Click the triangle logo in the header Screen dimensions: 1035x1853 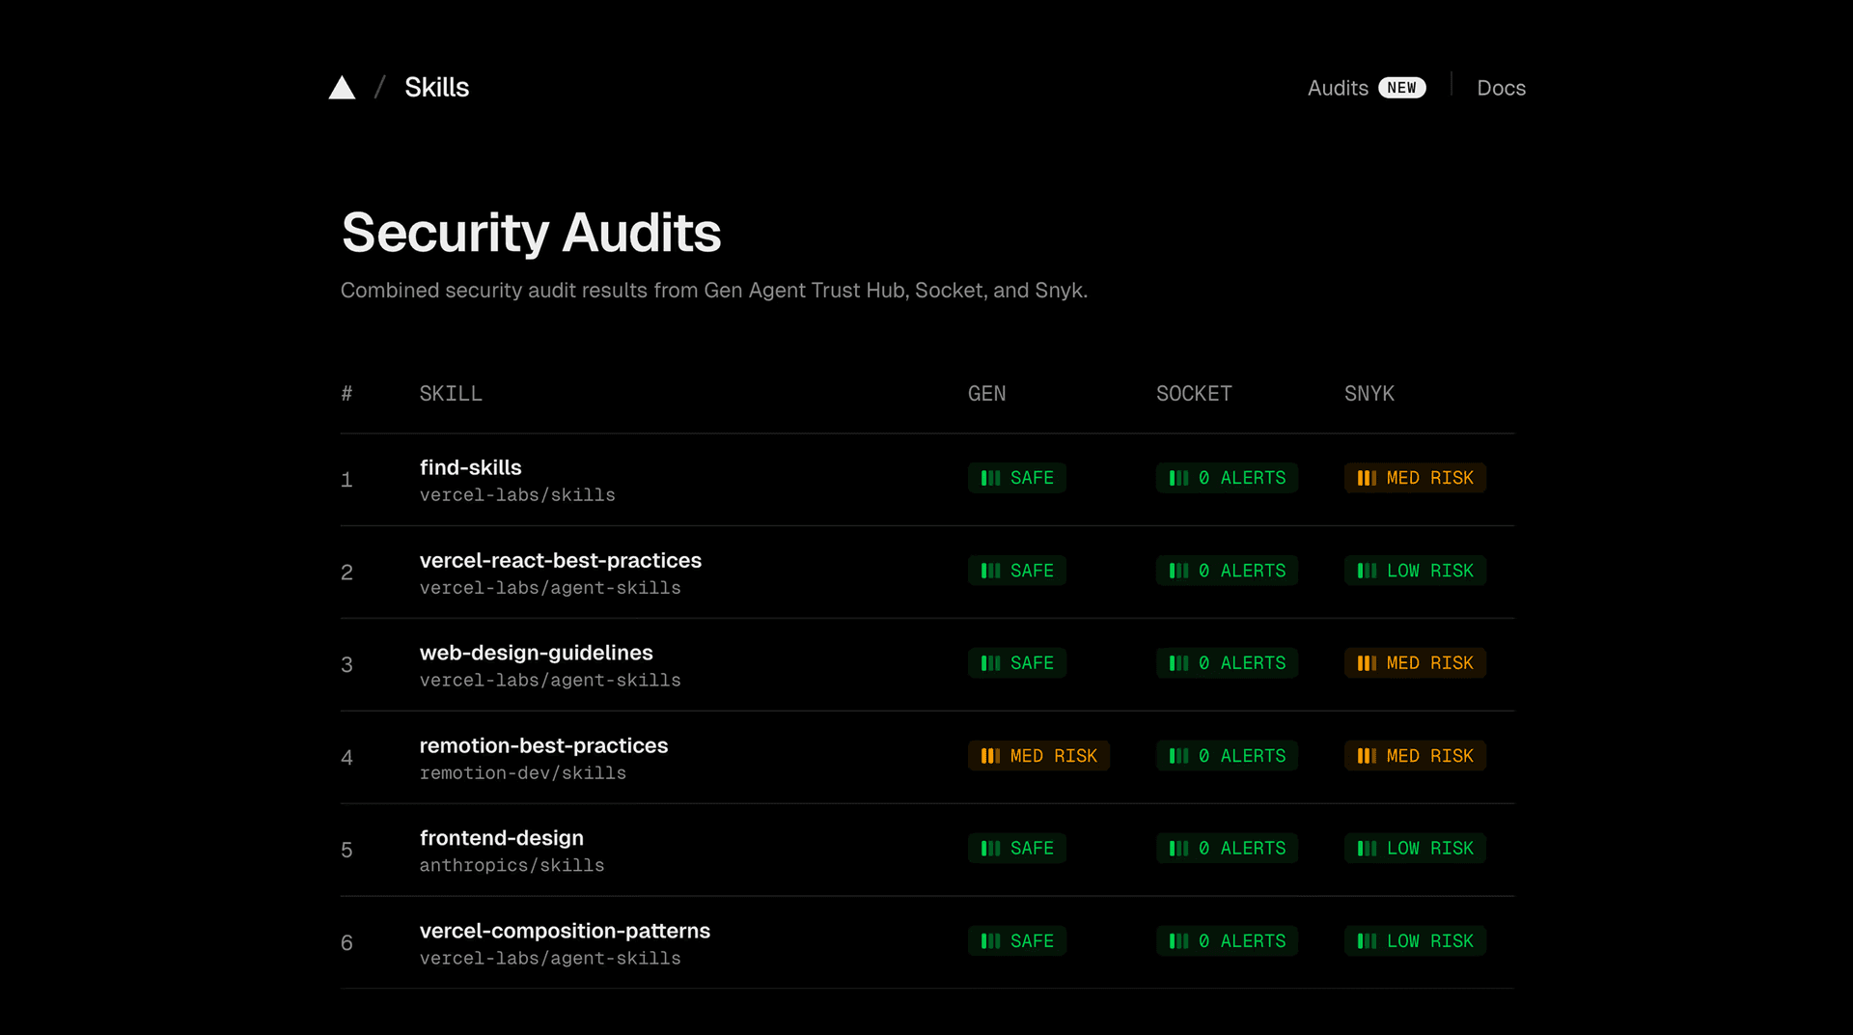click(x=342, y=88)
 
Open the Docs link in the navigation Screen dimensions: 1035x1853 click(x=1501, y=88)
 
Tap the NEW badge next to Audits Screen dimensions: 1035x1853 click(x=1401, y=88)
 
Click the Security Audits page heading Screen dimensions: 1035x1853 click(x=531, y=233)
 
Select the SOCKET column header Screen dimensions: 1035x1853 click(x=1194, y=394)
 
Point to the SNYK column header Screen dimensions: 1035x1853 click(x=1369, y=394)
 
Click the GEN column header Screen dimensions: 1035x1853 click(x=986, y=394)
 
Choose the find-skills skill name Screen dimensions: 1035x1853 click(x=470, y=468)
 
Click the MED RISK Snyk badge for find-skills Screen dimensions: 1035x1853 click(x=1415, y=478)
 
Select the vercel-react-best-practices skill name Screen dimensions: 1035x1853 click(x=560, y=561)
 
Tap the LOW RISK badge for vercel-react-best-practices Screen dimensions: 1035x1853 click(x=1415, y=571)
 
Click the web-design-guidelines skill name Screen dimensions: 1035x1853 click(x=536, y=654)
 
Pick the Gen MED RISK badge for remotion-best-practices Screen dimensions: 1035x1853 click(x=1038, y=756)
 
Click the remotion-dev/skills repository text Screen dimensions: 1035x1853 click(x=522, y=773)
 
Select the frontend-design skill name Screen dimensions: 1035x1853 click(x=501, y=838)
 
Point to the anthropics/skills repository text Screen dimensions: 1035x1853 click(x=512, y=866)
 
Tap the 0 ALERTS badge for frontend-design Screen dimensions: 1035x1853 click(x=1227, y=849)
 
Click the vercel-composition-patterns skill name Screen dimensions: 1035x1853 click(x=565, y=931)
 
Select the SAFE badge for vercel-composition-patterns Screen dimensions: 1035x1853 click(x=1016, y=941)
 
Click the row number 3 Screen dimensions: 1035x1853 click(x=346, y=665)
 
